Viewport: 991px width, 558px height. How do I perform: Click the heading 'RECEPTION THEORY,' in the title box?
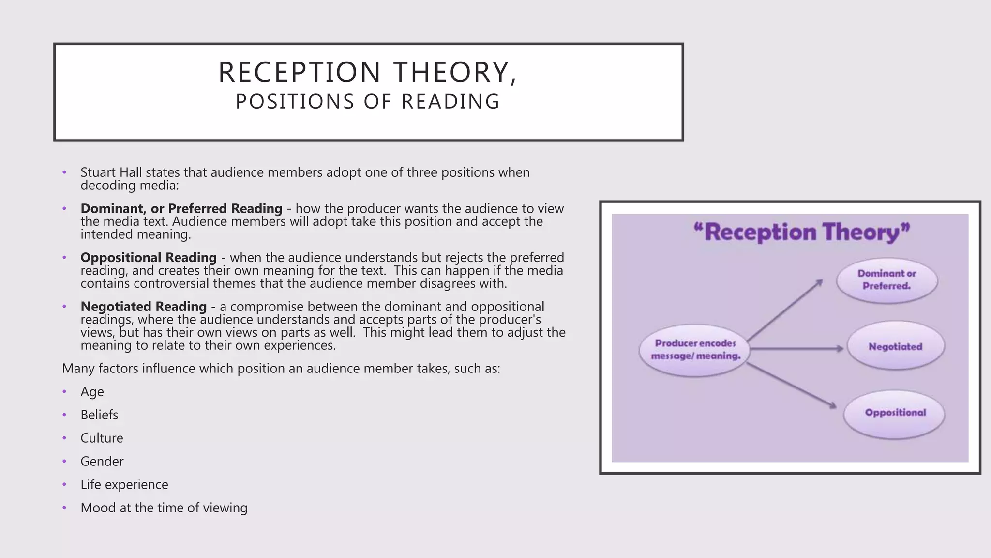point(368,73)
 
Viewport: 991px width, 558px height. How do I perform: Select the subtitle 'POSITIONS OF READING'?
point(368,102)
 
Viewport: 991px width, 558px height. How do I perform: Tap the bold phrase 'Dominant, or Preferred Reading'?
point(181,209)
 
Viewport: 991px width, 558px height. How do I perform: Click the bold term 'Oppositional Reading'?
point(149,258)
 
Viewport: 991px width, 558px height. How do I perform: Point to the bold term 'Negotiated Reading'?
point(144,307)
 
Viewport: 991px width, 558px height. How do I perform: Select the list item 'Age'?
point(92,392)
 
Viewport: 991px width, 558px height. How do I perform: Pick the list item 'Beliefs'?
point(99,415)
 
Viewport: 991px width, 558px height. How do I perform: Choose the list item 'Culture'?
point(102,438)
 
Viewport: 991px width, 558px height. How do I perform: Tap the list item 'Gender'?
point(102,462)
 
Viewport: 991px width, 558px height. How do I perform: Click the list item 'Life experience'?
point(124,485)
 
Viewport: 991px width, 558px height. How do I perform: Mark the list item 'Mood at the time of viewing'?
point(164,508)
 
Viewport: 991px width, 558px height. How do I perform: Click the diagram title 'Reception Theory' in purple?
point(802,232)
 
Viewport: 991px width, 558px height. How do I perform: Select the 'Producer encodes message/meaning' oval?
point(695,350)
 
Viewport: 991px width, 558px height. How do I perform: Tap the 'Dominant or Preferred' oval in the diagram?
point(886,280)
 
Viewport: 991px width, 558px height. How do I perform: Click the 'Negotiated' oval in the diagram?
point(895,347)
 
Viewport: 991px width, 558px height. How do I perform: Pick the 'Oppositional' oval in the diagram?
point(895,413)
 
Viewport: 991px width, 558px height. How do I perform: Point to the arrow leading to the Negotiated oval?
point(796,348)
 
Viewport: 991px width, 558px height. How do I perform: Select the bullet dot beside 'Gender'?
point(64,462)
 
